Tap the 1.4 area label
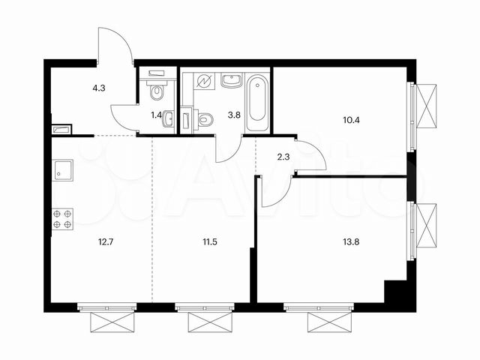coord(157,115)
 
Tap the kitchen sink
coord(62,172)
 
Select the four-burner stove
coord(63,218)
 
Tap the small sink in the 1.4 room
coord(169,118)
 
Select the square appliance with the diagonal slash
coord(204,81)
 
